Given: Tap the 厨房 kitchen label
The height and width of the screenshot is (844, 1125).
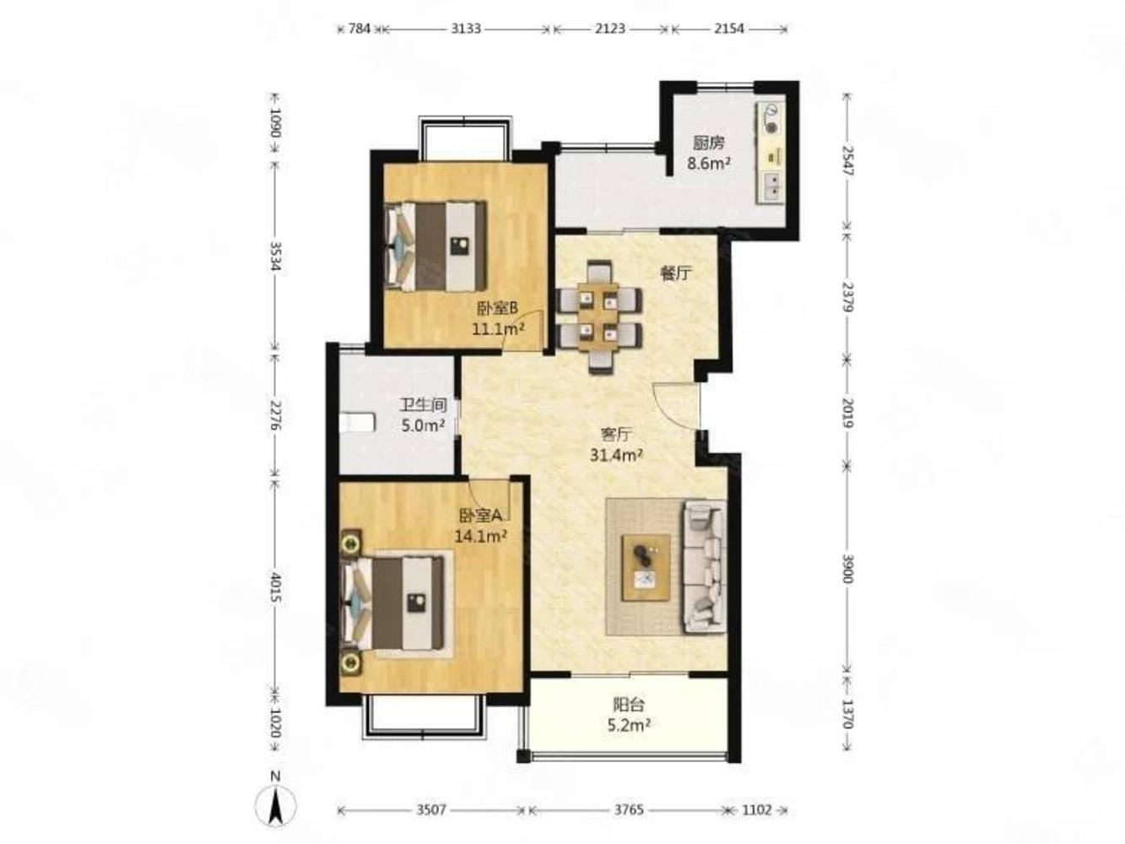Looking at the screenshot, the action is (x=709, y=143).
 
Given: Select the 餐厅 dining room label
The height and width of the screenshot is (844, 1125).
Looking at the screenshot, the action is (x=675, y=274).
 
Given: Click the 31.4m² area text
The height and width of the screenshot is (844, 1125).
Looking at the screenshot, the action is (x=615, y=455).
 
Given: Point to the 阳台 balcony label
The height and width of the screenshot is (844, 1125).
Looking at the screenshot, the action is (x=629, y=705).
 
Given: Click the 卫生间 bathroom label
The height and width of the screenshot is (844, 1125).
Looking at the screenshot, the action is (x=423, y=405).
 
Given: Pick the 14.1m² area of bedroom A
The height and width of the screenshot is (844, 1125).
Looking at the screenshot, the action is (x=481, y=536).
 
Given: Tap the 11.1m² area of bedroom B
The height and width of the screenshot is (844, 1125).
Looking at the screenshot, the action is (x=498, y=328).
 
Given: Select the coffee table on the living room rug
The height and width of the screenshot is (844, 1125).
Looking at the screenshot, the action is (x=646, y=567).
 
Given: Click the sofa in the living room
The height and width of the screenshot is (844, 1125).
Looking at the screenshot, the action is (x=704, y=567).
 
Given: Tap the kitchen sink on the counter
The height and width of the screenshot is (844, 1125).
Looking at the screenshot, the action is (x=772, y=185).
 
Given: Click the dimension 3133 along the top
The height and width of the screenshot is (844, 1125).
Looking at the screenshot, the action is (x=466, y=29).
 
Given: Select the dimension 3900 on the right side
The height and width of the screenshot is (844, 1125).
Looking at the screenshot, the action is (x=846, y=569).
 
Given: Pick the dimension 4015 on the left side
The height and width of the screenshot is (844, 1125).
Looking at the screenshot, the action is (x=276, y=587).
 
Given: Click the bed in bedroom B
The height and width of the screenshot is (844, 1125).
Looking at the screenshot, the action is (x=435, y=246).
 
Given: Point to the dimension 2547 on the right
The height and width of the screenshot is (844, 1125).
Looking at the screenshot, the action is (x=846, y=161).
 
